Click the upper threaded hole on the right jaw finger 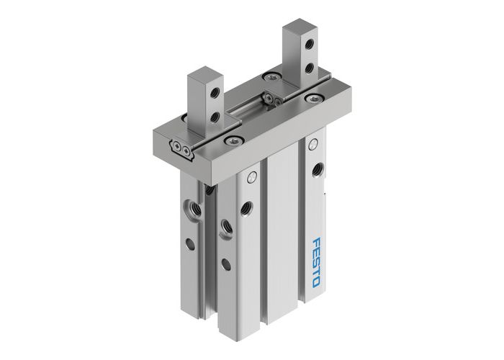309,45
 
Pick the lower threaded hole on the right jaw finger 309,68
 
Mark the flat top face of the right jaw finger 296,27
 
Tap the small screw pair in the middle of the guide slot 272,99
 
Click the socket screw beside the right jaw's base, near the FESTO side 312,96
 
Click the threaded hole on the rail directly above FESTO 317,171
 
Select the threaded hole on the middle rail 248,206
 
